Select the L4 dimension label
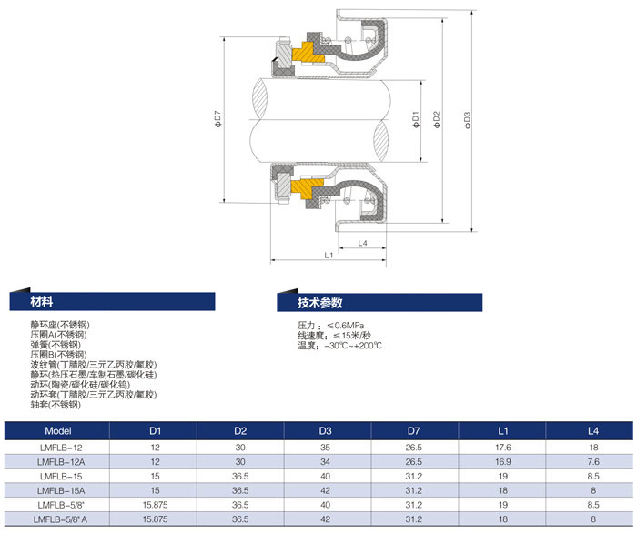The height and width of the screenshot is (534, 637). click(x=362, y=243)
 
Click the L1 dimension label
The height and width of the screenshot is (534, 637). click(x=329, y=256)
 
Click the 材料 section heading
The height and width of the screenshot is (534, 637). click(x=42, y=302)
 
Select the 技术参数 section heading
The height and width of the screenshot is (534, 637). click(x=319, y=302)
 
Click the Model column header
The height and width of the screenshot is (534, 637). click(x=57, y=430)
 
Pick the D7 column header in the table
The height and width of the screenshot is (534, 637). click(x=414, y=430)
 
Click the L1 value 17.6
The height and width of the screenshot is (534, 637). click(x=502, y=448)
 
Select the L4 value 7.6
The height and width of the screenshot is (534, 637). click(x=592, y=462)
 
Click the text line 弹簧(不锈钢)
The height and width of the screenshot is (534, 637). click(x=56, y=345)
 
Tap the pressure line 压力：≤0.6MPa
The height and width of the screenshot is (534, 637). click(x=331, y=326)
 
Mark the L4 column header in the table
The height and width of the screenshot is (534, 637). click(x=592, y=430)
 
